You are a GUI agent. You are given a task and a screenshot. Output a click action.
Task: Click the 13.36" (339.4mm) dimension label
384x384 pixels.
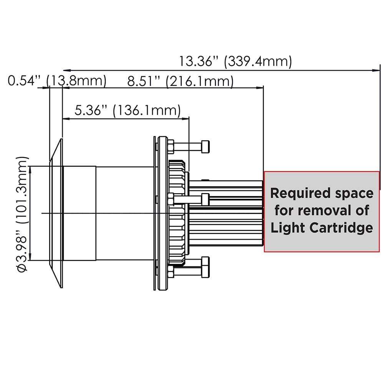[x=235, y=61]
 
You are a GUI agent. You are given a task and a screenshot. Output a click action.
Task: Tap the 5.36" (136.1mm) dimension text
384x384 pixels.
[x=127, y=111]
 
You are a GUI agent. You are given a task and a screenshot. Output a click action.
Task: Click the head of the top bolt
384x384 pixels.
[x=205, y=146]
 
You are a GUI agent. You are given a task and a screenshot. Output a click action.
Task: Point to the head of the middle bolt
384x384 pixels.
[x=205, y=199]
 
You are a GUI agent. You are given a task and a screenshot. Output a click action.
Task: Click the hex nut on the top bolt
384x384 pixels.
[x=170, y=146]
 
